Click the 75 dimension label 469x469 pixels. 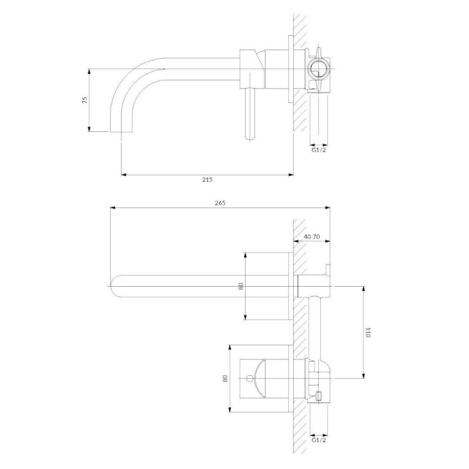tap(85, 100)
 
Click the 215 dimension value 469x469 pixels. tap(208, 179)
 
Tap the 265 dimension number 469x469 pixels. tap(220, 203)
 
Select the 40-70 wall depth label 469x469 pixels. tap(312, 237)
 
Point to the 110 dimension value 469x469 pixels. tap(368, 332)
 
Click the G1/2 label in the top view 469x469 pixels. tap(318, 149)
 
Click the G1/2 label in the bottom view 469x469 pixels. tap(318, 440)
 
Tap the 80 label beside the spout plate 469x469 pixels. tap(241, 286)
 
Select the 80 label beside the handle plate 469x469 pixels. tap(225, 378)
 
